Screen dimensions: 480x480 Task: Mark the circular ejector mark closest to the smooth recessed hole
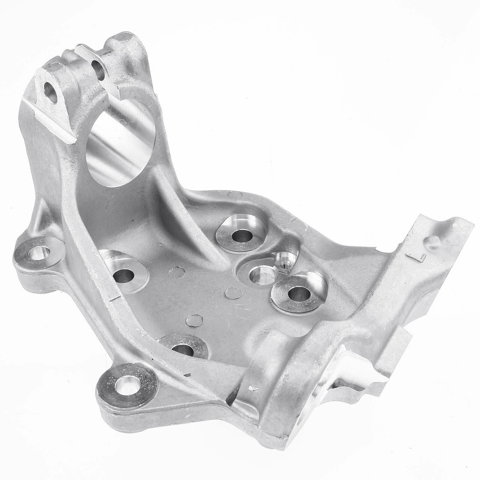(231, 292)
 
